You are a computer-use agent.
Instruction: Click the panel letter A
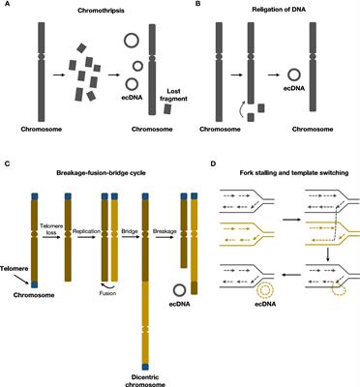(6, 5)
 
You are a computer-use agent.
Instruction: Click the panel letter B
(191, 5)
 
